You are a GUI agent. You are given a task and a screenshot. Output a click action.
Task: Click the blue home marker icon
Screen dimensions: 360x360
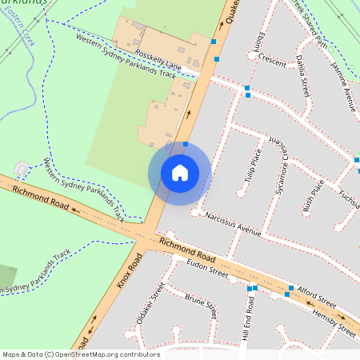click(179, 172)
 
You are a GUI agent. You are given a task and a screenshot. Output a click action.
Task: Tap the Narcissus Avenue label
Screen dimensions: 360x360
click(233, 224)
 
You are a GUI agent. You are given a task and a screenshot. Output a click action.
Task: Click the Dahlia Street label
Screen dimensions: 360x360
click(301, 72)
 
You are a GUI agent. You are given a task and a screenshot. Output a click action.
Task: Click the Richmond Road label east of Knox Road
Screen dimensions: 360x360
click(188, 249)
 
